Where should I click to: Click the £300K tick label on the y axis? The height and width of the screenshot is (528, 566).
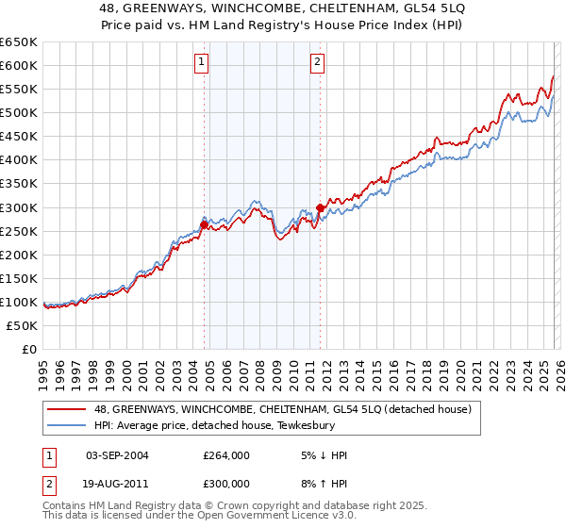pyautogui.click(x=19, y=207)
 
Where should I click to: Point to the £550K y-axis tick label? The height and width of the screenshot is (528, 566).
pyautogui.click(x=19, y=90)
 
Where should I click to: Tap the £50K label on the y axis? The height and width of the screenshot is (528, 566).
pyautogui.click(x=23, y=325)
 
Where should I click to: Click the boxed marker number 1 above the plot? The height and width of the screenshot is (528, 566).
pyautogui.click(x=202, y=63)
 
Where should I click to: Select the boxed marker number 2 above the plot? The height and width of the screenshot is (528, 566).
pyautogui.click(x=318, y=63)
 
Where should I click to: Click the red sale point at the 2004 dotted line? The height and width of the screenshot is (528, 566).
pyautogui.click(x=204, y=224)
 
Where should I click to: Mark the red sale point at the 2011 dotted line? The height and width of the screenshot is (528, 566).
pyautogui.click(x=321, y=207)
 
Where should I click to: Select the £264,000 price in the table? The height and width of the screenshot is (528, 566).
pyautogui.click(x=226, y=456)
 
